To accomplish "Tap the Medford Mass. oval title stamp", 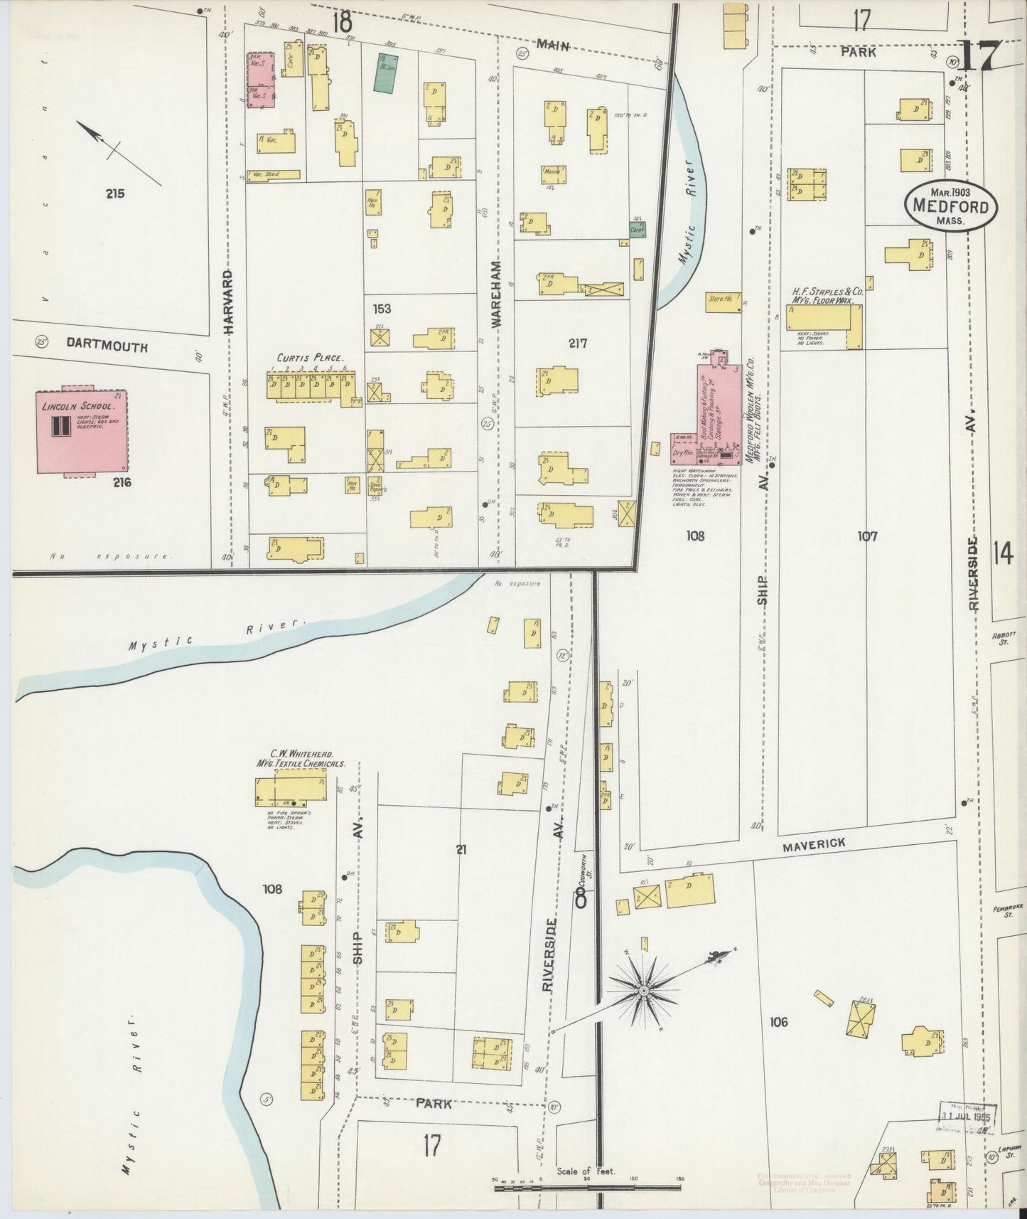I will coord(950,206).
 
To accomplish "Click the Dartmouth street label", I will coord(107,346).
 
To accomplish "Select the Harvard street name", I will coord(228,302).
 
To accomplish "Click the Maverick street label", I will coord(814,844).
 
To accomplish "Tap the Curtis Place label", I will coord(311,358).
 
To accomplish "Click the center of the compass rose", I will coord(643,991).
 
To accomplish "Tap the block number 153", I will coord(380,309).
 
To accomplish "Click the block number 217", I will coord(577,343).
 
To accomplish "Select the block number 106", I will coord(779,1022).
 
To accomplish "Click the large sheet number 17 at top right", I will coord(980,56).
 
